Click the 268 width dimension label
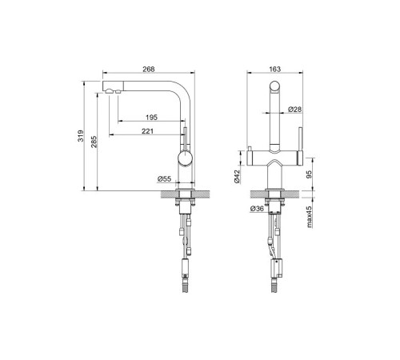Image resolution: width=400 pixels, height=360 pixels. pyautogui.click(x=149, y=69)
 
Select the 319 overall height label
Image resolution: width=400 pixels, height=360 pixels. pyautogui.click(x=81, y=136)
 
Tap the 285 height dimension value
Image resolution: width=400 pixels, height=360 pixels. pyautogui.click(x=94, y=142)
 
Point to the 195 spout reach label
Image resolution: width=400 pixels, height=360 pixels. pyautogui.click(x=151, y=117)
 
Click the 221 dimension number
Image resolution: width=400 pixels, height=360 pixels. pyautogui.click(x=147, y=131)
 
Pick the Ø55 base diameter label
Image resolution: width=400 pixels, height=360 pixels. pyautogui.click(x=164, y=178)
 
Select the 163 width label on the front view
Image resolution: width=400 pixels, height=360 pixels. pyautogui.click(x=274, y=69)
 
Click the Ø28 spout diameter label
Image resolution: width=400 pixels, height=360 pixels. pyautogui.click(x=294, y=109)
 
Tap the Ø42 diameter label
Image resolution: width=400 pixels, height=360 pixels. pyautogui.click(x=237, y=177)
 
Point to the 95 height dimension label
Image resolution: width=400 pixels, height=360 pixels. pyautogui.click(x=309, y=174)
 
